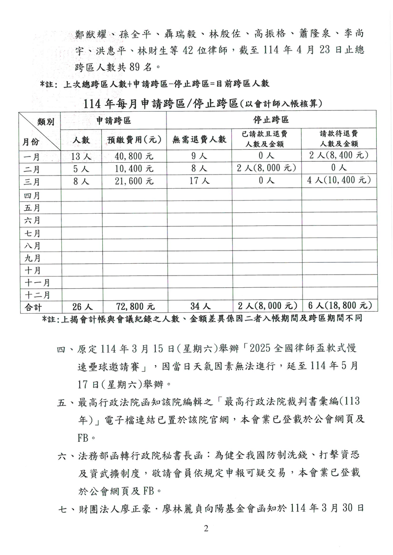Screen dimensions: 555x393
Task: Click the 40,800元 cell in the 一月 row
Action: (x=130, y=155)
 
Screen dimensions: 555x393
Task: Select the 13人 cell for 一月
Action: (x=81, y=155)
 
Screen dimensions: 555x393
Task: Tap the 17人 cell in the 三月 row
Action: (x=199, y=180)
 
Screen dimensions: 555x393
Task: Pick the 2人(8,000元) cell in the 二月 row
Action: (x=265, y=168)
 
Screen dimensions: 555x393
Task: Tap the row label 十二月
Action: (x=37, y=294)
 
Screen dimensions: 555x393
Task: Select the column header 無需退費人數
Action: (x=199, y=139)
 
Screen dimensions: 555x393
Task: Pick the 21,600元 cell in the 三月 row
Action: (x=130, y=180)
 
